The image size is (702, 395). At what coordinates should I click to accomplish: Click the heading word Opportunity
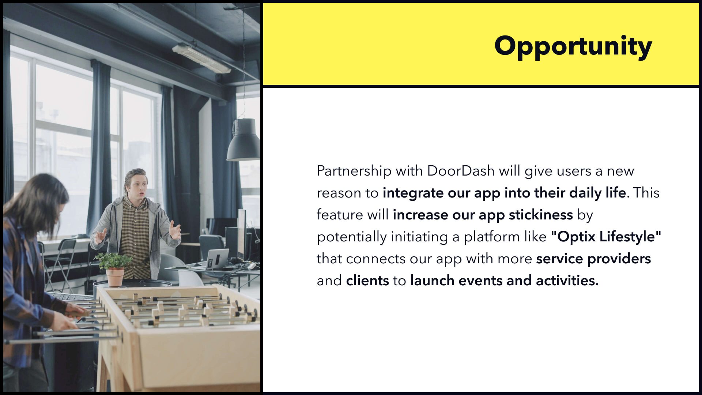573,46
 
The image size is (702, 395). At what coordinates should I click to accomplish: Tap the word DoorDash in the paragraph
461,171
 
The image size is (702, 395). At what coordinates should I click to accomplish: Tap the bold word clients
367,281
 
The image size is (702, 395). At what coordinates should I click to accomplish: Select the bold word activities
567,281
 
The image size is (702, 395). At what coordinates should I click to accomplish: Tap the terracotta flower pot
115,277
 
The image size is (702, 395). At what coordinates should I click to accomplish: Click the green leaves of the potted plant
113,260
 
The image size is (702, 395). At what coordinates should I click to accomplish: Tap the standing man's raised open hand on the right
175,232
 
